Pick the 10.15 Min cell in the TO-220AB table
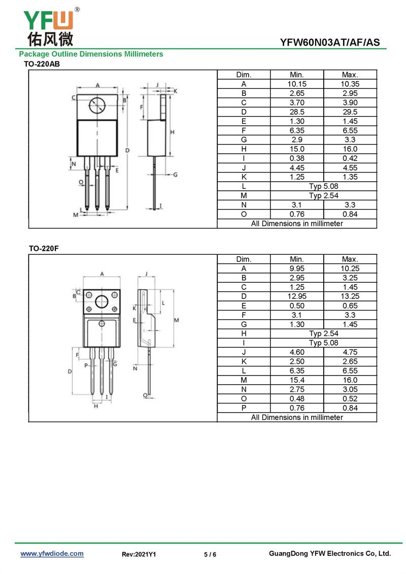297,84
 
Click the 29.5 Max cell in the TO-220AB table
350,112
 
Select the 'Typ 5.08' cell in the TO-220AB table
323,186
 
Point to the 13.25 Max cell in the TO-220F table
350,296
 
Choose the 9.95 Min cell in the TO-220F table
297,268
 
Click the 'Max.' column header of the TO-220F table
350,259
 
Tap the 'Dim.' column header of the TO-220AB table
244,75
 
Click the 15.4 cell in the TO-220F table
297,380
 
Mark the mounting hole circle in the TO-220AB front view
96,106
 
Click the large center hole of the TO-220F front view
102,302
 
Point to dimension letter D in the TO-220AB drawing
127,150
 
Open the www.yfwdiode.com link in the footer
52,554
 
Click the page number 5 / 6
210,555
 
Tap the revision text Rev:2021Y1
139,555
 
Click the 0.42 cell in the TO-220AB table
350,158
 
